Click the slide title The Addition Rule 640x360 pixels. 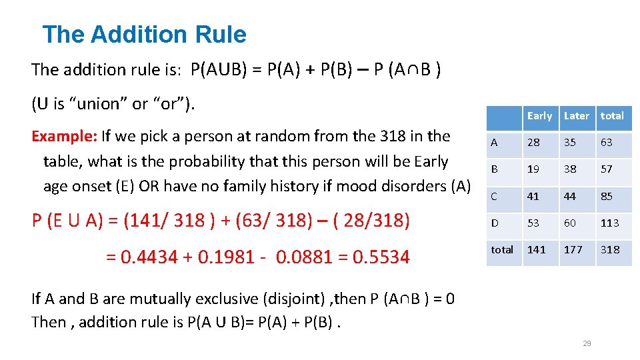(x=144, y=34)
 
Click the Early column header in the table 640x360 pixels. (x=539, y=116)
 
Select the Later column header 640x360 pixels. (x=577, y=116)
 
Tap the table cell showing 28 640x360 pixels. (x=533, y=143)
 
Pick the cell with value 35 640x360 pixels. (x=570, y=143)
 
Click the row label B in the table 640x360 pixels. (x=494, y=169)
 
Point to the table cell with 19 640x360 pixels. (x=533, y=169)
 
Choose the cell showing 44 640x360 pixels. (x=570, y=197)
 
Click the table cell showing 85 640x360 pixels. (x=607, y=197)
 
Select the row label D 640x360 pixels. (x=494, y=223)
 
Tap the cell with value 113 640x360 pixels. (x=610, y=223)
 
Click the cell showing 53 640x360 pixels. (x=533, y=223)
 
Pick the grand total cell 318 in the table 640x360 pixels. (x=610, y=250)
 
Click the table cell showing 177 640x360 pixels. (x=573, y=250)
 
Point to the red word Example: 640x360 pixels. (x=65, y=137)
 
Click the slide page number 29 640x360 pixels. (x=587, y=343)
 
